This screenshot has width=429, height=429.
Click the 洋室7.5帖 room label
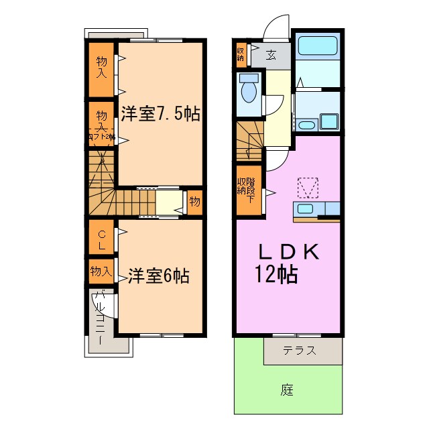click(x=160, y=113)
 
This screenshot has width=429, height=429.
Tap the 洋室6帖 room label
click(x=159, y=275)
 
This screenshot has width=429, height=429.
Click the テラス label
click(x=298, y=351)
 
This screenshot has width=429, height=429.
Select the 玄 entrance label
click(x=270, y=55)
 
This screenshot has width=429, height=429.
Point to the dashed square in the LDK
click(x=308, y=187)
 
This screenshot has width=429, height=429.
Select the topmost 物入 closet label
click(x=101, y=67)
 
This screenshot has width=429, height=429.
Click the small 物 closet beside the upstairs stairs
click(x=194, y=201)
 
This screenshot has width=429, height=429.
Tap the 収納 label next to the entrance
click(x=241, y=54)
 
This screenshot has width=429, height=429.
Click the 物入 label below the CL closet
click(x=101, y=271)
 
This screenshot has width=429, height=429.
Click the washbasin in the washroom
click(x=306, y=125)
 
